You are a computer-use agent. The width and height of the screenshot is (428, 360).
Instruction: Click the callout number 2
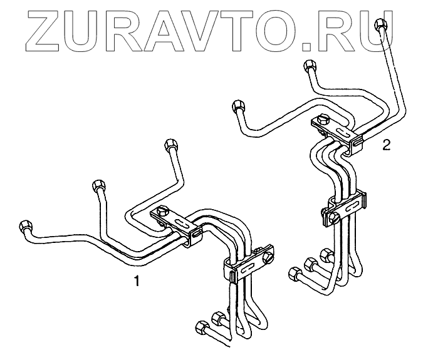386,146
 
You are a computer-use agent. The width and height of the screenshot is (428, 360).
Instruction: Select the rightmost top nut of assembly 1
169,145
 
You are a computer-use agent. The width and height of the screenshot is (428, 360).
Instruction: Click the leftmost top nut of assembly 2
237,106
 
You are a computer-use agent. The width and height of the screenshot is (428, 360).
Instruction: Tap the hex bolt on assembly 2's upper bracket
323,120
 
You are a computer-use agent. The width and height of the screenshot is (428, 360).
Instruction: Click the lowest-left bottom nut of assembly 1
202,326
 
